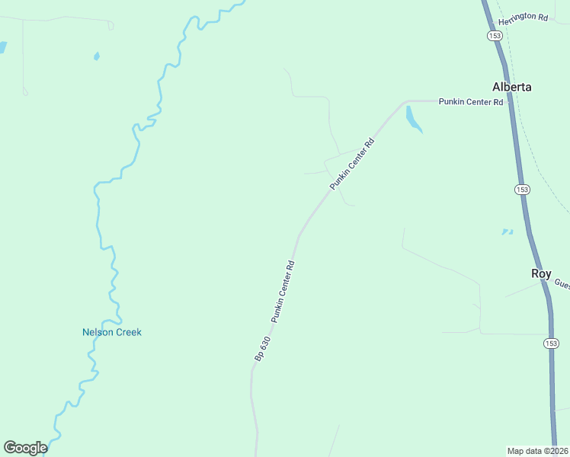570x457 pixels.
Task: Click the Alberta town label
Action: click(511, 87)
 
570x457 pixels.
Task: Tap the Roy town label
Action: click(541, 273)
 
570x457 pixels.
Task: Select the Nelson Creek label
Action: click(112, 332)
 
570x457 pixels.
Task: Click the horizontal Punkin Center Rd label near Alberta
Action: click(471, 101)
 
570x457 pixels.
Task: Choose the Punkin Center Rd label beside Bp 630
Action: click(282, 292)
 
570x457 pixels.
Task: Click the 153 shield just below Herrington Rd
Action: click(494, 36)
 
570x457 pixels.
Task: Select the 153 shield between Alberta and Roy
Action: click(521, 189)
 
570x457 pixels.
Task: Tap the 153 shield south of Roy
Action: click(551, 344)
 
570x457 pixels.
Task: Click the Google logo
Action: click(25, 448)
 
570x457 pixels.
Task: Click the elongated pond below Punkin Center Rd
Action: click(413, 119)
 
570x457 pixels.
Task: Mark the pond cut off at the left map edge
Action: click(2, 47)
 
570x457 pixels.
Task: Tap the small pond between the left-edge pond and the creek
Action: click(96, 56)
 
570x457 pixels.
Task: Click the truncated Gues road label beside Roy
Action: click(562, 283)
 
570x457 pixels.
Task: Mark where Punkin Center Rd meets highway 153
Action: click(507, 101)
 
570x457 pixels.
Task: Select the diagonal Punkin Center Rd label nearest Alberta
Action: click(352, 165)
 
